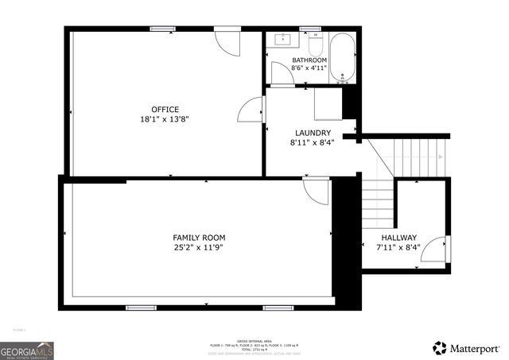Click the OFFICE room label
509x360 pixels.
pyautogui.click(x=165, y=110)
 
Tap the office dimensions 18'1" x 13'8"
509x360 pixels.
pyautogui.click(x=165, y=119)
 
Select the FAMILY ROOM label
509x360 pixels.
pyautogui.click(x=199, y=238)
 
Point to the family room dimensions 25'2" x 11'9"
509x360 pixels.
pyautogui.click(x=199, y=247)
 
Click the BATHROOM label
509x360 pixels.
pyautogui.click(x=309, y=60)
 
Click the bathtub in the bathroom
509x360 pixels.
pyautogui.click(x=343, y=58)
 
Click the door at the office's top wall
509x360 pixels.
pyautogui.click(x=227, y=41)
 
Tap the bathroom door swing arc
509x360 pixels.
pyautogui.click(x=282, y=73)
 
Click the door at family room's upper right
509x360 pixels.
pyautogui.click(x=317, y=192)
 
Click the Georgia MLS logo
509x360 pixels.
pyautogui.click(x=26, y=350)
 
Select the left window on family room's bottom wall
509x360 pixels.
pyautogui.click(x=141, y=308)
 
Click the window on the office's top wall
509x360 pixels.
pyautogui.click(x=163, y=29)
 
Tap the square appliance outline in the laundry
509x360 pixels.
pyautogui.click(x=328, y=104)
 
